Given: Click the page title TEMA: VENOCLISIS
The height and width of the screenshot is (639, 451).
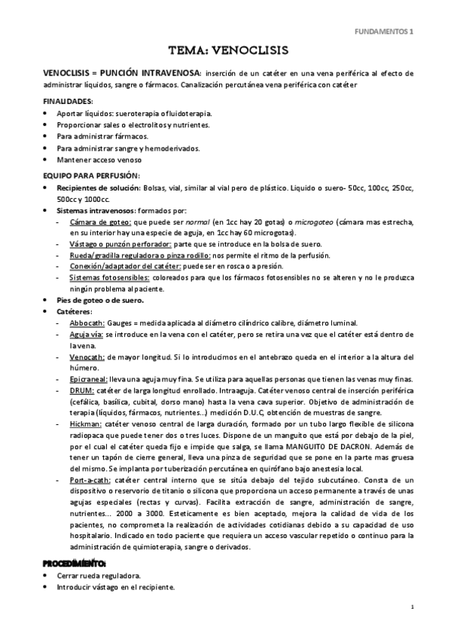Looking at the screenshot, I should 225,51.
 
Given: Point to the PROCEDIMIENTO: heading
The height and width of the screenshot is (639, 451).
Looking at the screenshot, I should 75,563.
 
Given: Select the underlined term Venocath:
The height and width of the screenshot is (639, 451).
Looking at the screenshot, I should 87,356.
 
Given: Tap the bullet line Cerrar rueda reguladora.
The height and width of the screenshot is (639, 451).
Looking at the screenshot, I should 99,575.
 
